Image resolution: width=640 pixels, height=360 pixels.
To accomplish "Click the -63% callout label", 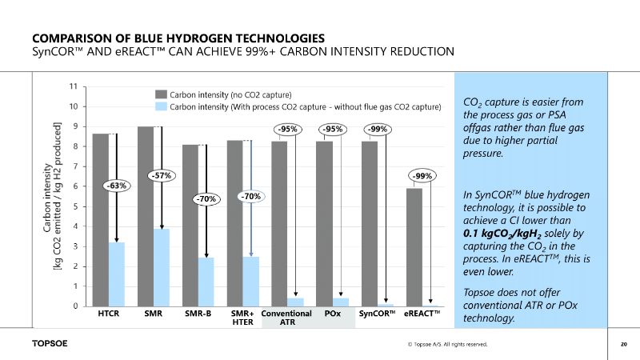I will (117, 186).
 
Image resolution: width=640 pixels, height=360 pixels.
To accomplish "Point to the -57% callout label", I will (162, 174).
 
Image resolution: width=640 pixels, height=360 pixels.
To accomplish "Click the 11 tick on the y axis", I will (74, 86).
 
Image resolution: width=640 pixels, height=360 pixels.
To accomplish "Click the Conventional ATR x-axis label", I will (286, 318).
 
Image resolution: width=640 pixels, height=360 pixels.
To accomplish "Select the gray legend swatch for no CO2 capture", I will (160, 94).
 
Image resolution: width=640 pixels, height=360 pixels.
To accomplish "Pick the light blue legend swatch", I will (160, 106).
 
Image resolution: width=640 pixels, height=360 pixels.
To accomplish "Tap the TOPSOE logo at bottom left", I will (50, 345).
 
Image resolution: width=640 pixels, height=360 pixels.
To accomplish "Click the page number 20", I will (623, 345).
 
